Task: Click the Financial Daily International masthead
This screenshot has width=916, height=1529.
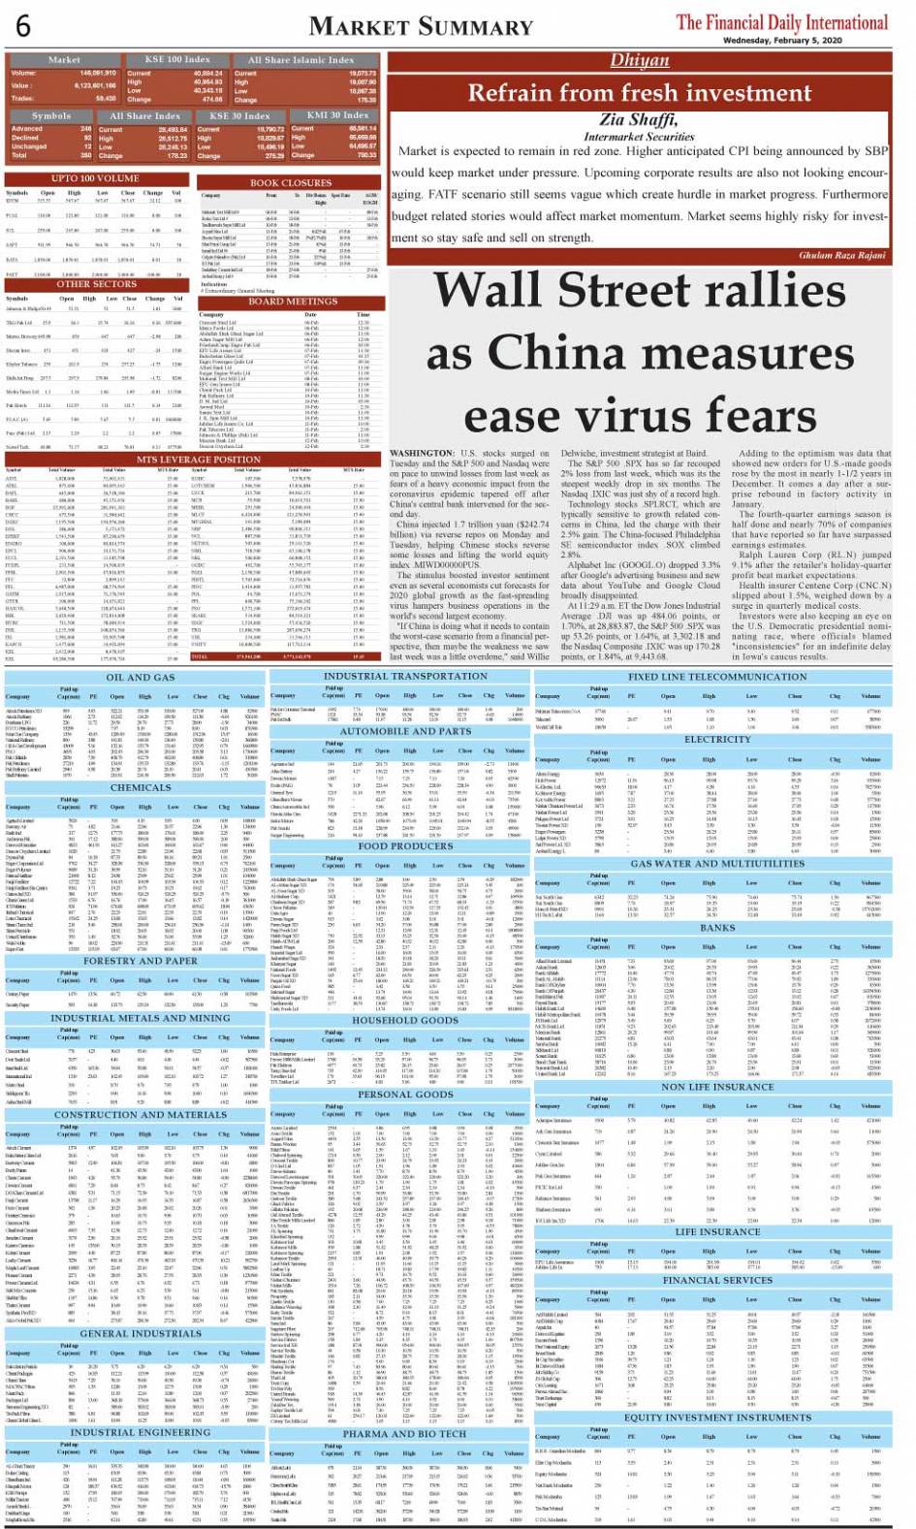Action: click(x=781, y=21)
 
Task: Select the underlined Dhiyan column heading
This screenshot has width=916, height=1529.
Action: click(x=640, y=60)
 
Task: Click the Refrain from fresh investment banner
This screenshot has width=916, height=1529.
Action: click(x=640, y=92)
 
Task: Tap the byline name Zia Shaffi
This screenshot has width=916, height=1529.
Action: click(x=638, y=120)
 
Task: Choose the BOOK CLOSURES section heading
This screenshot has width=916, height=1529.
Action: click(x=291, y=182)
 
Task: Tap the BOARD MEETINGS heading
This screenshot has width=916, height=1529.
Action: click(x=292, y=302)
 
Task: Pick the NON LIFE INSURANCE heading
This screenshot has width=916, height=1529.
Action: click(x=717, y=1087)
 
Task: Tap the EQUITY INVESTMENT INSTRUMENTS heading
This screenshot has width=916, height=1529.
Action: click(x=717, y=1417)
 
